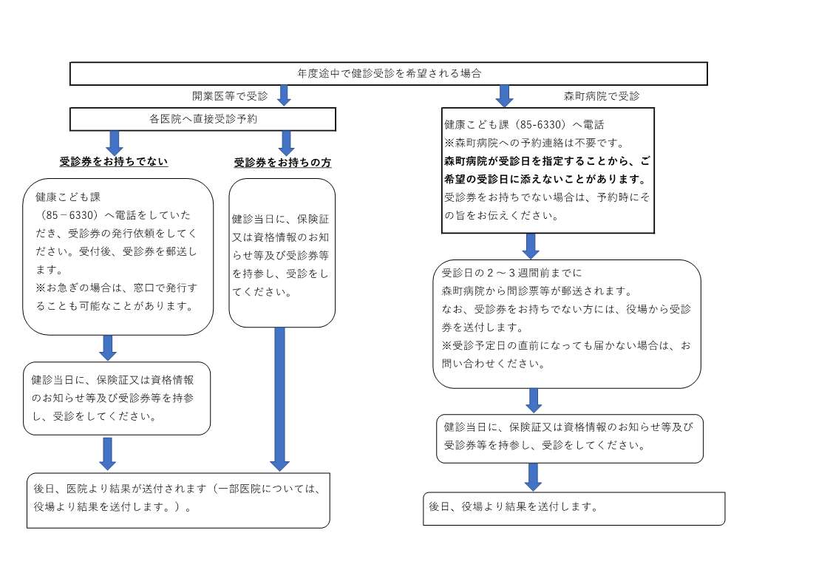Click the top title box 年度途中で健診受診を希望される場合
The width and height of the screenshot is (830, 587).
tap(389, 74)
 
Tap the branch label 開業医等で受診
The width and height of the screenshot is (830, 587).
tap(230, 96)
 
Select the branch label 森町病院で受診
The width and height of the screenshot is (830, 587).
tap(602, 96)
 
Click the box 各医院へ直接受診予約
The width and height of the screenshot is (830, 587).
tap(203, 119)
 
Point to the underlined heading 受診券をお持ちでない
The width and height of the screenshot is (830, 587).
tap(113, 161)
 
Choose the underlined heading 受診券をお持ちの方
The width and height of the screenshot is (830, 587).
tap(282, 163)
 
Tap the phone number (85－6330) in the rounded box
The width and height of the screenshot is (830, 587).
tap(68, 215)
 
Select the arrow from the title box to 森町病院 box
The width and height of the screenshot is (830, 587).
tap(504, 96)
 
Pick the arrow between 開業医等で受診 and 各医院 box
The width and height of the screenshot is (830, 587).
tap(285, 96)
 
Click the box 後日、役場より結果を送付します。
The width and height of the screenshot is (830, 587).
tap(574, 509)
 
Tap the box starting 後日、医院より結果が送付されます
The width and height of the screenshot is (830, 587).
tap(178, 501)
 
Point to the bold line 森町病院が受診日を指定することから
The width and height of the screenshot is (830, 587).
tap(547, 161)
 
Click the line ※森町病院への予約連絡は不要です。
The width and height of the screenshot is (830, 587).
tap(535, 143)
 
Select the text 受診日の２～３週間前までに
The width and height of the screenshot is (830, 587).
tap(512, 273)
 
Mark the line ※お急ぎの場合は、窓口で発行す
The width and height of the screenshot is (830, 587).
tap(117, 288)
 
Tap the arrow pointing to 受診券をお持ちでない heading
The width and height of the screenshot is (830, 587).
tap(115, 143)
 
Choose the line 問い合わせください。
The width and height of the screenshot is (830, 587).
tap(493, 364)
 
